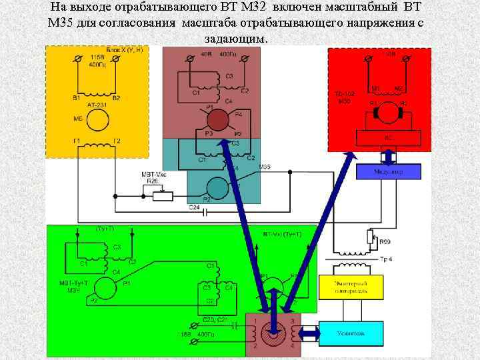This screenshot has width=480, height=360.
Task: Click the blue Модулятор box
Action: pos(389,172)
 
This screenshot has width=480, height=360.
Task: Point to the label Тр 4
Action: pos(386,259)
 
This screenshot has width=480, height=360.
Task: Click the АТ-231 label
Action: pos(96,105)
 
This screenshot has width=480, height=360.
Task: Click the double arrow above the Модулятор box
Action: pos(389,156)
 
